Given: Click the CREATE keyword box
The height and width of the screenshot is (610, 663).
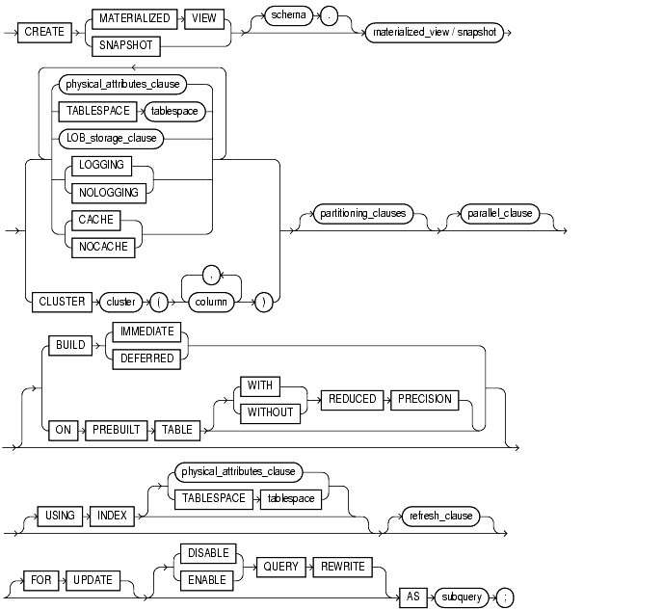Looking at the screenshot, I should [x=44, y=31].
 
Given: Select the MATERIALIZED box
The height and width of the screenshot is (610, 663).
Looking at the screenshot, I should [x=134, y=18].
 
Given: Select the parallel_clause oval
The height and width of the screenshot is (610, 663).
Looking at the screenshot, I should [x=497, y=213].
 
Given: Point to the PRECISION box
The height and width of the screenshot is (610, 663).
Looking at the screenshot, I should [x=420, y=399].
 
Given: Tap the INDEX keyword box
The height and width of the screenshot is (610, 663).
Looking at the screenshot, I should [x=109, y=516].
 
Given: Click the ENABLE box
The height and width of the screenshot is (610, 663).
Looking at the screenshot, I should [x=206, y=580].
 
